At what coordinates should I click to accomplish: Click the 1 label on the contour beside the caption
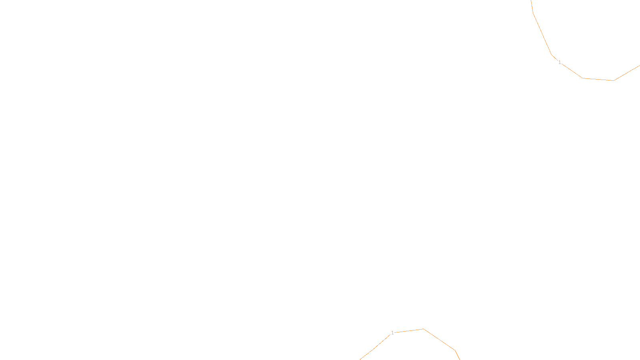392,333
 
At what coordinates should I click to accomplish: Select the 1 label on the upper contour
560,62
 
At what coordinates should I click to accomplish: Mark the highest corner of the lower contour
424,329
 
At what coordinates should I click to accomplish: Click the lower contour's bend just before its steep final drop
455,351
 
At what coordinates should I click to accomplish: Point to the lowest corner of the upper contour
613,80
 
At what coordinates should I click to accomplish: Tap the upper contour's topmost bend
533,13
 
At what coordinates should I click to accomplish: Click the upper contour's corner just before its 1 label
552,54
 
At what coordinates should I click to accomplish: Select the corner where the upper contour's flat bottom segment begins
583,78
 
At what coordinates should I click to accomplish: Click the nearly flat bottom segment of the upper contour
598,79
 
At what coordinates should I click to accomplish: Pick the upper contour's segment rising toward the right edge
627,73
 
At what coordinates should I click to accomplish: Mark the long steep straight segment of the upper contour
542,34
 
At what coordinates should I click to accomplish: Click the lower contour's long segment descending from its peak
439,340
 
